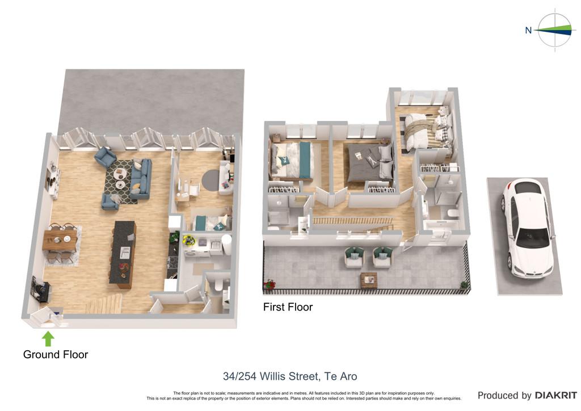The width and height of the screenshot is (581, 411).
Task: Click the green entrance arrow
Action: click(x=48, y=339)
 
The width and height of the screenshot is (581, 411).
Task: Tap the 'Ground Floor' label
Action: click(x=56, y=355)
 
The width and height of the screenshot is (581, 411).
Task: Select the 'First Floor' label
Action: click(x=288, y=307)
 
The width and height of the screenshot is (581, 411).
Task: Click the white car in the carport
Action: click(x=528, y=229)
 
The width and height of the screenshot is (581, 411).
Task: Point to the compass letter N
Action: click(x=528, y=31)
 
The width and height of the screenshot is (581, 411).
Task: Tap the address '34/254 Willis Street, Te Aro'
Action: click(x=290, y=376)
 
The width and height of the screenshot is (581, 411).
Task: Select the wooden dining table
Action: click(x=60, y=240)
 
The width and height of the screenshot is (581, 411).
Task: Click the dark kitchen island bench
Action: click(x=123, y=255)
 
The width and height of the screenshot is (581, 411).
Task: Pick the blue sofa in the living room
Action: click(x=141, y=179)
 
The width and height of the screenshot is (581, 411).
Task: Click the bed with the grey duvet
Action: click(x=370, y=165)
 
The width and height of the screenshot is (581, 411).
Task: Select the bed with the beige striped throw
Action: click(x=428, y=128)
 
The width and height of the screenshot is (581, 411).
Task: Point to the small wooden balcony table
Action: click(x=369, y=280)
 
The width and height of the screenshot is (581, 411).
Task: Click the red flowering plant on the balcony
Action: click(x=270, y=284)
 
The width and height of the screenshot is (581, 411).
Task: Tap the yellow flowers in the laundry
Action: click(x=189, y=240)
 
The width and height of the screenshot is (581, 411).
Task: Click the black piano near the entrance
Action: click(x=40, y=288)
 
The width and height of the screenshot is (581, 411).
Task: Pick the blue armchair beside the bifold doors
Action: click(x=105, y=157)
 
